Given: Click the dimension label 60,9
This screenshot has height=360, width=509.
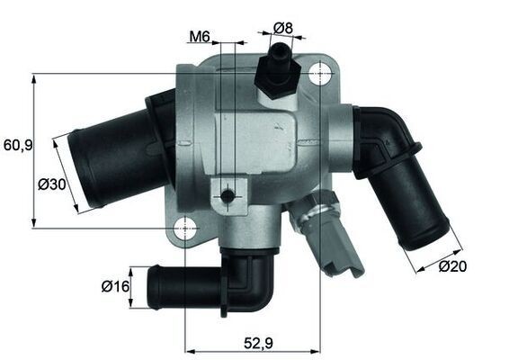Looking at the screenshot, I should tap(17, 144).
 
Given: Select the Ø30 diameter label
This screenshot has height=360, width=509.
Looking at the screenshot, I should tap(51, 184).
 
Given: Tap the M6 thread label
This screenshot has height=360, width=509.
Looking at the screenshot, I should tap(200, 38).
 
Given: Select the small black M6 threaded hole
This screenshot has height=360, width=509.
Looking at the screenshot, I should tap(228, 195).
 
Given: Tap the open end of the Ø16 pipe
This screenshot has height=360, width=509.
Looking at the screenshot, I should tap(153, 288).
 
